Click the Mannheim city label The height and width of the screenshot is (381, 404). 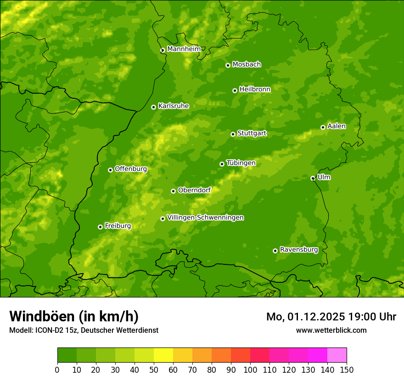(184, 49)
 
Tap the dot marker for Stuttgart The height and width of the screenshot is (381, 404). (233, 134)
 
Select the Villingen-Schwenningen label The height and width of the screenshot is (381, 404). (205, 218)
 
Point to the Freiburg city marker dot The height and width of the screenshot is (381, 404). (100, 227)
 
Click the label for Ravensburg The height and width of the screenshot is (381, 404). (298, 250)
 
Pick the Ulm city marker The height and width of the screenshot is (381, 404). (313, 178)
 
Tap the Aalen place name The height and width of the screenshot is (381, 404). (337, 126)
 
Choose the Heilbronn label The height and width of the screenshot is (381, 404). (255, 90)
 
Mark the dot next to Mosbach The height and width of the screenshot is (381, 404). (228, 65)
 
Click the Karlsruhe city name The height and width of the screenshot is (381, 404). (173, 106)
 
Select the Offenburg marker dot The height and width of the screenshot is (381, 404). (110, 170)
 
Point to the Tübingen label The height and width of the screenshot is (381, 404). (241, 163)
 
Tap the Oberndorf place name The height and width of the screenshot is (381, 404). (194, 190)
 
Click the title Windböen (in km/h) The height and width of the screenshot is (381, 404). (73, 316)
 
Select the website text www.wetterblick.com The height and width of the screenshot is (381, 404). (331, 330)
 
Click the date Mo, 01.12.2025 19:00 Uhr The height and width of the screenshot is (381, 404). (331, 317)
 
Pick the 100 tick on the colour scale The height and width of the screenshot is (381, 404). (250, 370)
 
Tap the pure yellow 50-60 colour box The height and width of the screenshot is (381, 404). (163, 355)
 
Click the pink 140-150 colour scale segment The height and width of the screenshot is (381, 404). (337, 355)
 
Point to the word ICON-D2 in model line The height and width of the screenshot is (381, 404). (48, 330)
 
